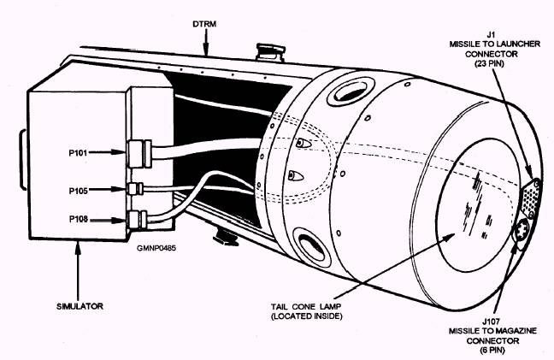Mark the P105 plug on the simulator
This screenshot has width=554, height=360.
click(x=134, y=188)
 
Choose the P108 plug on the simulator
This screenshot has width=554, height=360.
click(x=135, y=221)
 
